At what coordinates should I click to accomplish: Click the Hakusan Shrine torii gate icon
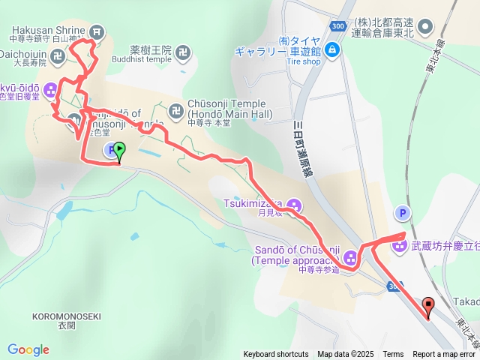point(97,31)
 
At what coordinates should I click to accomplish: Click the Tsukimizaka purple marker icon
point(294,204)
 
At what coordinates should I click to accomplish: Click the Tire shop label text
point(303,62)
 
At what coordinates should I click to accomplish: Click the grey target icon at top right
point(425,28)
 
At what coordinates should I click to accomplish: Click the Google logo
point(28,349)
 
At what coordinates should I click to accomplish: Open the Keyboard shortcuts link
point(275,354)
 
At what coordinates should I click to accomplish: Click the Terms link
point(392,354)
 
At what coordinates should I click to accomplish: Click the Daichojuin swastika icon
point(58,54)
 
